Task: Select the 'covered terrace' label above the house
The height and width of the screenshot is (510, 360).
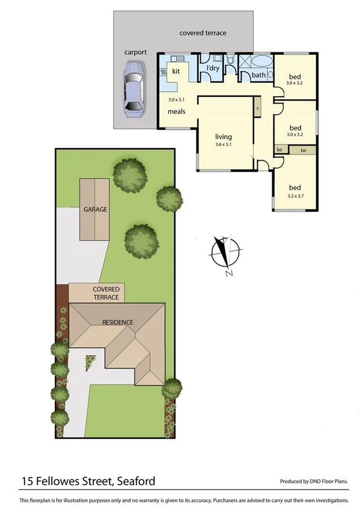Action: point(203,33)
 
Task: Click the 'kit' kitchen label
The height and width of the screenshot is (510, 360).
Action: point(176,71)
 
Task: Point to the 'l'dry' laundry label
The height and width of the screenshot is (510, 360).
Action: point(213,68)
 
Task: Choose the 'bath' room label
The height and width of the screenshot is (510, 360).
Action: point(258,75)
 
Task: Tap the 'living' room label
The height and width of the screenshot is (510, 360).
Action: point(223,137)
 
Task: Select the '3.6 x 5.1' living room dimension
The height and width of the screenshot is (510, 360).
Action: point(223,144)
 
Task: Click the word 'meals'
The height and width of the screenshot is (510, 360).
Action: point(176,111)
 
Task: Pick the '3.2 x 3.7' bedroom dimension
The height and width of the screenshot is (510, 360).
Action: point(294,195)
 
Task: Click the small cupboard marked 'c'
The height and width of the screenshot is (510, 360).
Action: point(257,108)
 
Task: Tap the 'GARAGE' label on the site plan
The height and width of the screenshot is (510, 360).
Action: point(96,209)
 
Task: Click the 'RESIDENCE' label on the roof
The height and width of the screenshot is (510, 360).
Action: point(117,322)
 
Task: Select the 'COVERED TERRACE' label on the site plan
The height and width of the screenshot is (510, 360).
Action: point(106,293)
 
